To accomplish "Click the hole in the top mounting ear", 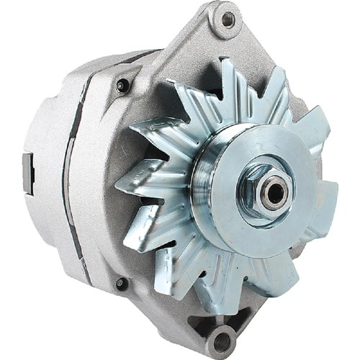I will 228,19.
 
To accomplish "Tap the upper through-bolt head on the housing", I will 122,85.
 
